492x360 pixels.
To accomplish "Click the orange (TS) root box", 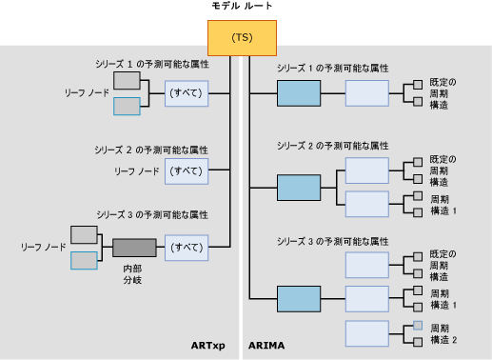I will (x=241, y=38).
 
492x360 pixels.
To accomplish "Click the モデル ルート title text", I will (x=241, y=8).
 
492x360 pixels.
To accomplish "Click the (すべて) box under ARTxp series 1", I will (x=185, y=94).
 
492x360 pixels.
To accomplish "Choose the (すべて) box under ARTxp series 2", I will (x=185, y=170).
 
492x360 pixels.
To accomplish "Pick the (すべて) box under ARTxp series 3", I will (x=185, y=248).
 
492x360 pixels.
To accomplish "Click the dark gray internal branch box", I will (x=133, y=248).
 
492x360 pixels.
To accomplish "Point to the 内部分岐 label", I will (x=134, y=276).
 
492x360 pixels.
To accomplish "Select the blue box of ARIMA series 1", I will (x=298, y=93).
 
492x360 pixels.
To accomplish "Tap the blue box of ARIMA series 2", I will (x=298, y=187).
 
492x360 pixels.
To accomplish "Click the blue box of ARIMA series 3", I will (x=298, y=298).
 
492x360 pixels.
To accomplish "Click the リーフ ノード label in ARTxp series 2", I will (x=136, y=170).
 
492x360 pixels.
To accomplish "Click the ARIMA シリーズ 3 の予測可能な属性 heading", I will (x=332, y=239).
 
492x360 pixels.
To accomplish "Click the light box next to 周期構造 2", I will (x=366, y=333).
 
